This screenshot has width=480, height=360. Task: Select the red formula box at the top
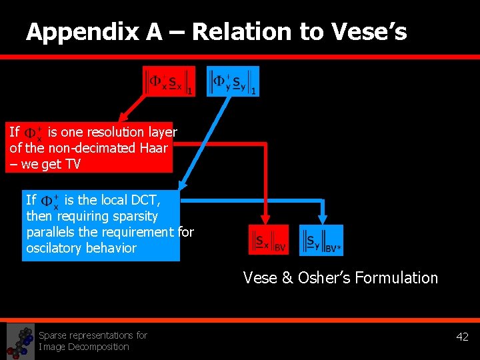coord(169,81)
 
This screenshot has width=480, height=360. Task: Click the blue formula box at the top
coord(233,81)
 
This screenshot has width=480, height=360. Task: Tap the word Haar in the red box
coord(153,148)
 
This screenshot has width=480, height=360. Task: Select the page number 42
coord(462,337)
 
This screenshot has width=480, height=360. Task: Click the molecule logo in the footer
coord(20,341)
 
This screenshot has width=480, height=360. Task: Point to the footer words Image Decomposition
coord(83,347)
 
